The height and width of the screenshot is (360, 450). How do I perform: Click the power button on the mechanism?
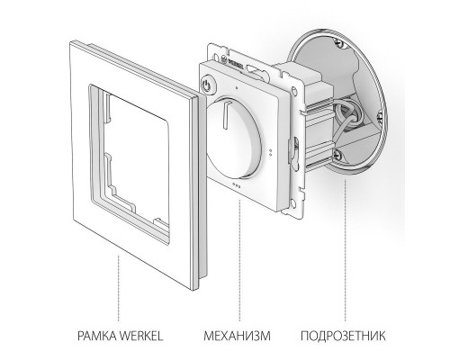tap(206, 85)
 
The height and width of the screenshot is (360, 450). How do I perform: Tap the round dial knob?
tap(233, 138)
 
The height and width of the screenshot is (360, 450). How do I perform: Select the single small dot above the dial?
tap(237, 88)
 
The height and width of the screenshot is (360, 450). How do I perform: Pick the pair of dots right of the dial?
tap(271, 153)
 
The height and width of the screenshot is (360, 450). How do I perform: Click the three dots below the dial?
tap(236, 185)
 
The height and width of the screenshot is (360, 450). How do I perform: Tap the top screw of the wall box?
tap(338, 42)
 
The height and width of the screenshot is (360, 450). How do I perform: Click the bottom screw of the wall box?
tap(337, 155)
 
